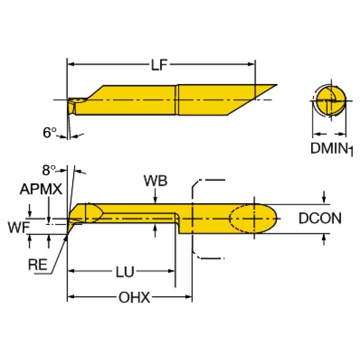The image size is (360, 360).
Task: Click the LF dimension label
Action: point(159,65)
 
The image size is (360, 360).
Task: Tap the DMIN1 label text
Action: point(331,149)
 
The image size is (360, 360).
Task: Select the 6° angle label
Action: point(50,132)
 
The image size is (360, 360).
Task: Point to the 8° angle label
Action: point(49,170)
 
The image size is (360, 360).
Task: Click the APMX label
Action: point(41,189)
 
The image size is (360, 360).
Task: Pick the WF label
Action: point(19,228)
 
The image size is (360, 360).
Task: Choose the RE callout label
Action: point(38,264)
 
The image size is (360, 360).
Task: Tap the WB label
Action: point(155,181)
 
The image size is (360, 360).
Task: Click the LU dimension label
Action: point(125,272)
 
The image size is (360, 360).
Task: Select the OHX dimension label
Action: point(134,297)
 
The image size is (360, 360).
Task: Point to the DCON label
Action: point(320,218)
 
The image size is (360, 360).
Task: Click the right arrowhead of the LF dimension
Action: point(252,64)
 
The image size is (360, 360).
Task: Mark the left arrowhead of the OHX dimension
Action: point(71,297)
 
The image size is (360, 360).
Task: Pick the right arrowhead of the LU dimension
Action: point(171,271)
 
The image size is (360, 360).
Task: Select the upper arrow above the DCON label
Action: point(324,197)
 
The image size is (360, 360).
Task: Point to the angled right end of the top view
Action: point(252,100)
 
